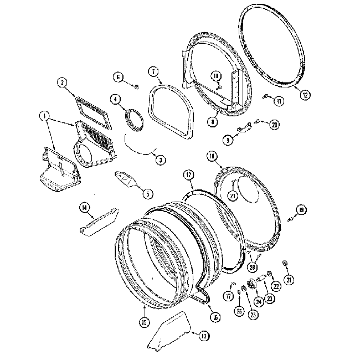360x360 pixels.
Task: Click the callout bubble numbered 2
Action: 63,83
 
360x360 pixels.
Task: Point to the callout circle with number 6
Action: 119,76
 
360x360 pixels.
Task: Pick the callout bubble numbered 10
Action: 217,75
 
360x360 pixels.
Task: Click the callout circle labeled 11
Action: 279,101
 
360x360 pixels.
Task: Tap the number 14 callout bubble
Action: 85,208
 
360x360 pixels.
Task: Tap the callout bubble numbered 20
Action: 274,124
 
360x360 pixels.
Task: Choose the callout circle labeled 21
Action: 289,280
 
